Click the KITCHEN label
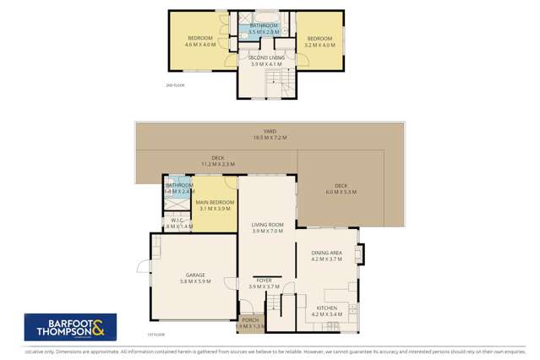(x=326, y=308)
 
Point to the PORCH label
(x=250, y=320)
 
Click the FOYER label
(x=264, y=280)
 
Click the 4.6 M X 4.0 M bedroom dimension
(x=199, y=46)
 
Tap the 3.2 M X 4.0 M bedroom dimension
(x=319, y=46)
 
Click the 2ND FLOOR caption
(x=175, y=85)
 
